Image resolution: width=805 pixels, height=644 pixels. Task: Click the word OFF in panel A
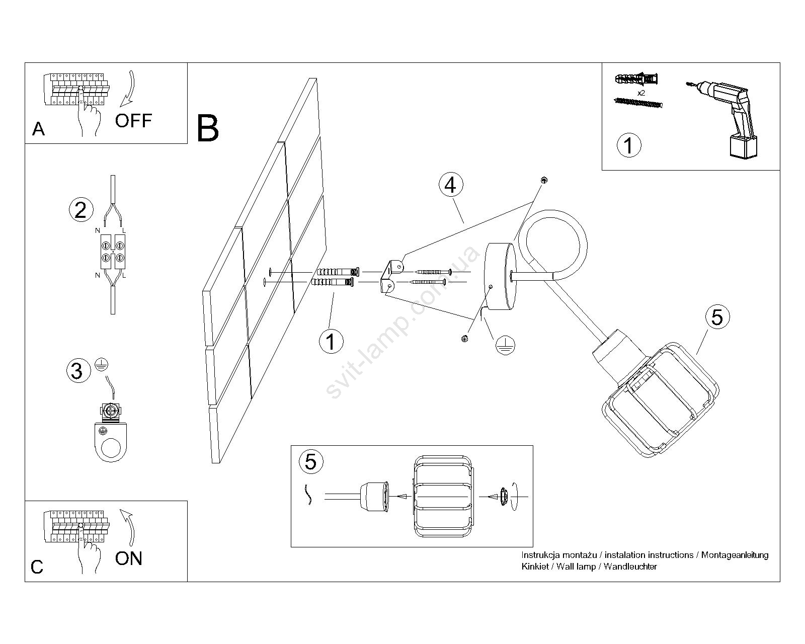coord(133,121)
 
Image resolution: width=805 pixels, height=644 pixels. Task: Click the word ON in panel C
coord(129,558)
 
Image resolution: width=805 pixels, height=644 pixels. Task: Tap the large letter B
coord(208,129)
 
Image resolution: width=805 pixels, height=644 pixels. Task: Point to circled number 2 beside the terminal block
coord(80,210)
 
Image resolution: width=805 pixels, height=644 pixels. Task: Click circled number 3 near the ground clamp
coord(77,371)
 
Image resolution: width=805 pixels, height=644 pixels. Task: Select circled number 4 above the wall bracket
coord(450,185)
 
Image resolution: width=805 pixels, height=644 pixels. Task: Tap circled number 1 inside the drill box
coord(628,145)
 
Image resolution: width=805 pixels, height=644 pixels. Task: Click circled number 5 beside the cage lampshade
coord(717,317)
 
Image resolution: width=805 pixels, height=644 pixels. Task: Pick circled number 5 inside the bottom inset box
coord(310,461)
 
